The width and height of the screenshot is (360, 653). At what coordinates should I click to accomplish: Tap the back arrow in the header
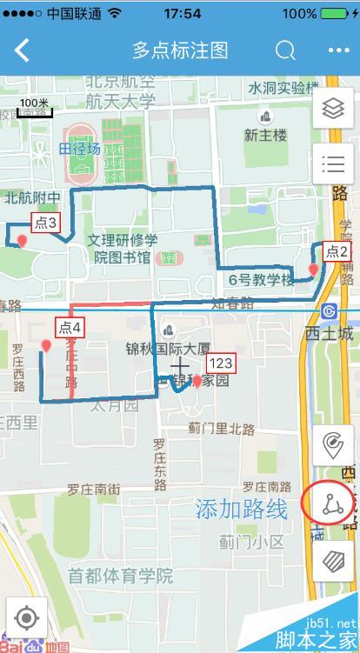[x=23, y=50]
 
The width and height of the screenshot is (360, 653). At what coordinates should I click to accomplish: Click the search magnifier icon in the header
[x=285, y=50]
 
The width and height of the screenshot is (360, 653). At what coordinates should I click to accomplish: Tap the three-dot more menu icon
[x=337, y=50]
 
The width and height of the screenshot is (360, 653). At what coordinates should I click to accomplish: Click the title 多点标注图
[x=180, y=50]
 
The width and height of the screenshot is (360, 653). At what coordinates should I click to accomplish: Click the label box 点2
[x=337, y=252]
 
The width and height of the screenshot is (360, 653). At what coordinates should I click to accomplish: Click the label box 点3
[x=46, y=223]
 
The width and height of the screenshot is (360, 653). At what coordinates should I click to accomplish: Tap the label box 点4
[x=70, y=328]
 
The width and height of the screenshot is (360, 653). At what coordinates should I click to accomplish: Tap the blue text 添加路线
[x=241, y=510]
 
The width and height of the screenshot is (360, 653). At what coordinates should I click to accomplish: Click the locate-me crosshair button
[x=26, y=618]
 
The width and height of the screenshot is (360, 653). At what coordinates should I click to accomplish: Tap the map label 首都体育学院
[x=121, y=576]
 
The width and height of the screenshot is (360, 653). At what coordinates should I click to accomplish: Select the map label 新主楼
[x=265, y=135]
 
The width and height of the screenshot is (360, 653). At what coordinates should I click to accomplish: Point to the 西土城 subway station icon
[x=329, y=311]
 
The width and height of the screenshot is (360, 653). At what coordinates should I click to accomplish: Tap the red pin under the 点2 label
[x=313, y=271]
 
